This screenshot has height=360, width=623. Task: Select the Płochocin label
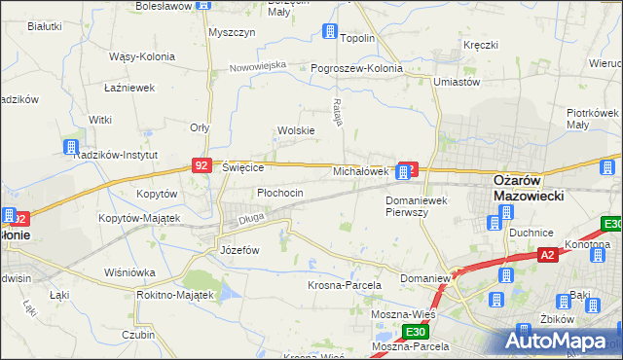coord(280,193)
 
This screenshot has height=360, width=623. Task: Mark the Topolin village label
coord(357,38)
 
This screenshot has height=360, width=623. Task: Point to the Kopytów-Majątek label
coord(139,218)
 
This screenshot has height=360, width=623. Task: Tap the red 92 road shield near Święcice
coord(202,166)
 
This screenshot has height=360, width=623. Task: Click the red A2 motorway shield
coord(549,255)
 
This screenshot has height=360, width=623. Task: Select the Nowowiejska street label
coord(258,66)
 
